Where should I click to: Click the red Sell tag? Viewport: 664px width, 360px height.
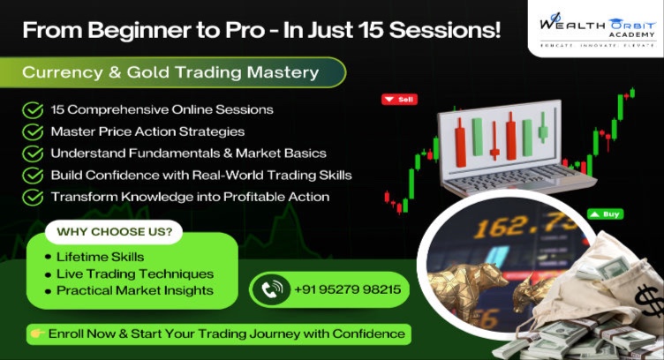pyautogui.click(x=398, y=100)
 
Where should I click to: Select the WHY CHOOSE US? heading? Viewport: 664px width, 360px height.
pyautogui.click(x=114, y=234)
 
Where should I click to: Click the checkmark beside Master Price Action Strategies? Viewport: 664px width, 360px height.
pyautogui.click(x=34, y=132)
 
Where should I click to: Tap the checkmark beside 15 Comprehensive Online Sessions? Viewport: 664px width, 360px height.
pyautogui.click(x=34, y=110)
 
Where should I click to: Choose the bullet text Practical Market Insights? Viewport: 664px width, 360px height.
pyautogui.click(x=137, y=289)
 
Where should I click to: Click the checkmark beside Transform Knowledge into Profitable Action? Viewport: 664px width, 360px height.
pyautogui.click(x=34, y=197)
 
